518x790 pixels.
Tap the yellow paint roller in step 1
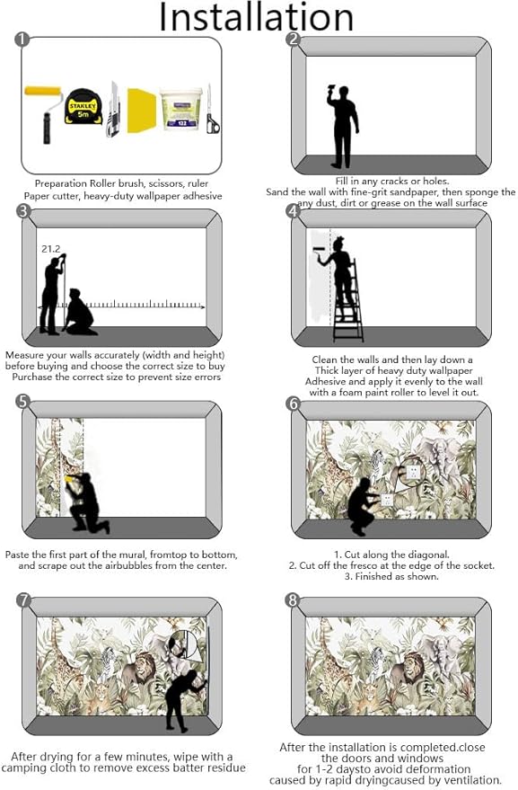[41, 107]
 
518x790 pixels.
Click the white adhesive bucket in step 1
[180, 110]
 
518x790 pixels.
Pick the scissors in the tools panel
[211, 112]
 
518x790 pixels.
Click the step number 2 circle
[292, 40]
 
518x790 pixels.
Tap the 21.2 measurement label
[50, 248]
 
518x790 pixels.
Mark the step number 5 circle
[22, 401]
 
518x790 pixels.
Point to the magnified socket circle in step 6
[412, 469]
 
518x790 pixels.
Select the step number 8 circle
[292, 600]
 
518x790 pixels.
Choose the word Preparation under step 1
[62, 183]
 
